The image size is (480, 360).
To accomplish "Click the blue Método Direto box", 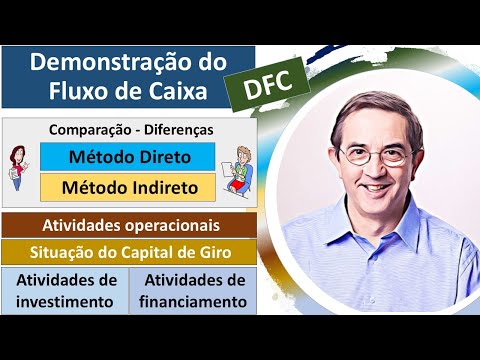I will pyautogui.click(x=128, y=157).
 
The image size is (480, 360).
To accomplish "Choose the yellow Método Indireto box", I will pyautogui.click(x=128, y=187).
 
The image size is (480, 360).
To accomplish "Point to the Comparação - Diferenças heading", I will pyautogui.click(x=130, y=130).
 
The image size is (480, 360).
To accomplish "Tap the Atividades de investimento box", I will pyautogui.click(x=66, y=289).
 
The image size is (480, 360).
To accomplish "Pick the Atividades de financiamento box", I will pyautogui.click(x=194, y=289).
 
